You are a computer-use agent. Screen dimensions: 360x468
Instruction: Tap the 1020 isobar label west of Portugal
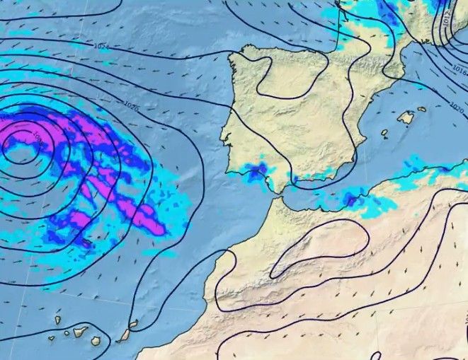coord(131,106)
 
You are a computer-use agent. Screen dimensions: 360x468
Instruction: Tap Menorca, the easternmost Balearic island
coord(423,110)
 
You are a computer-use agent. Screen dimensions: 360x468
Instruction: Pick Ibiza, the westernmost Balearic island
coord(385,132)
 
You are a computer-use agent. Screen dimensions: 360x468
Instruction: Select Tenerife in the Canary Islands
coord(79,331)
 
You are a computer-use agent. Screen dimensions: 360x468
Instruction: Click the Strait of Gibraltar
coord(278,196)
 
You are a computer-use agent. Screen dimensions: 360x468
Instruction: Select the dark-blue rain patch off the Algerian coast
coord(351,200)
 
